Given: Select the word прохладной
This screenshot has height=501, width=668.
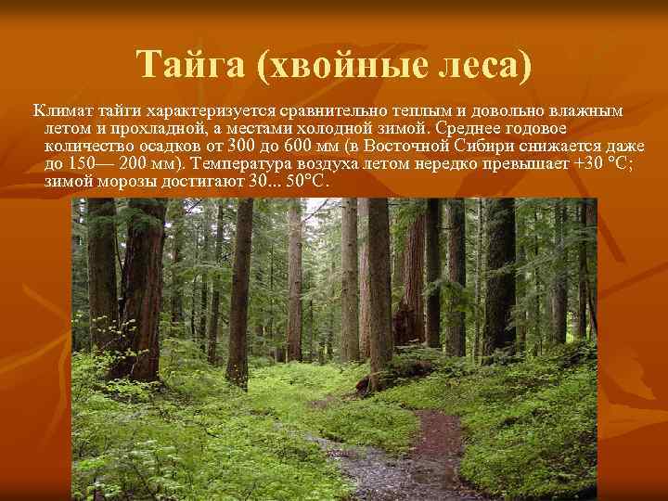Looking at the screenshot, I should [139, 129].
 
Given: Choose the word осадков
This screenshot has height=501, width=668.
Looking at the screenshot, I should [168, 146].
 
